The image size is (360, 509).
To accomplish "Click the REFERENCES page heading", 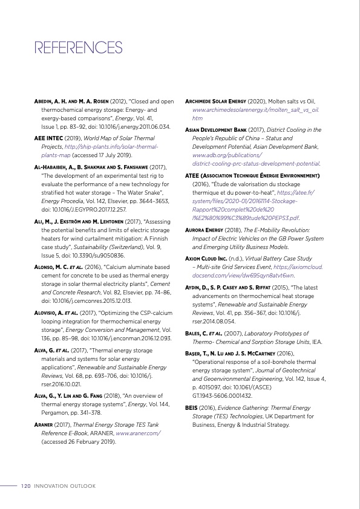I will (79, 48).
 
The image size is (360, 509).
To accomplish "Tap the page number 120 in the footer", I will (25, 485).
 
